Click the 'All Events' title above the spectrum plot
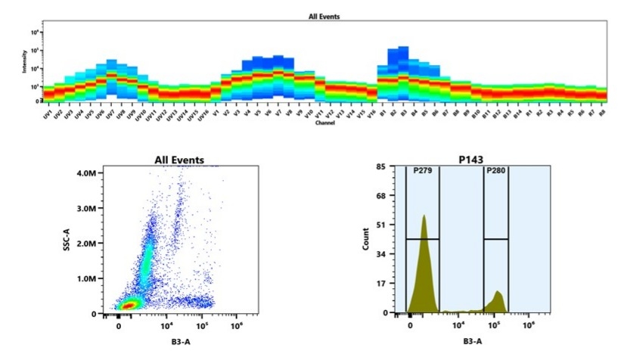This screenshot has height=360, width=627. click(324, 16)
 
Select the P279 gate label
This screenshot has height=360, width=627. click(422, 171)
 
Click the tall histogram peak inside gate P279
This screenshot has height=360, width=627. click(424, 219)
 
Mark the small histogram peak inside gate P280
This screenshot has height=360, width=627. click(497, 293)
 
